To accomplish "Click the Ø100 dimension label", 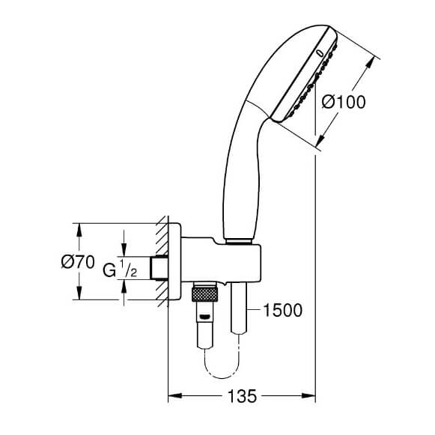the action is point(344,102).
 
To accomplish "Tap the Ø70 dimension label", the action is point(78,261).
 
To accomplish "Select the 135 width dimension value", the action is point(242,396).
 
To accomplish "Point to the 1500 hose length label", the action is point(282,310).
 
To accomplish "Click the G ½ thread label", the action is point(120,269).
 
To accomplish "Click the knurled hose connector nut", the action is point(204,295).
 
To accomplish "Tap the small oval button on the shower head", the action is point(320,52).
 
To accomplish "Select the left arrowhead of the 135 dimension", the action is point(175,395).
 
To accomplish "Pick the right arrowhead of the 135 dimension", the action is point(308,395).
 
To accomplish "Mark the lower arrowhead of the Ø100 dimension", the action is point(321,139).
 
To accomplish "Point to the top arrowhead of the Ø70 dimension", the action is point(79,230).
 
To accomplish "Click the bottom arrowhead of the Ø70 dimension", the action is point(79,293).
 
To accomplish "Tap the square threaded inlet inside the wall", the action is point(159,268).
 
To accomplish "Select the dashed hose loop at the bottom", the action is point(222,364).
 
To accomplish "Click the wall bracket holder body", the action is point(221,260).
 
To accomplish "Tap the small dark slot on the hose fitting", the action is point(204,317).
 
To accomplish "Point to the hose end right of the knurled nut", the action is point(239,308).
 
